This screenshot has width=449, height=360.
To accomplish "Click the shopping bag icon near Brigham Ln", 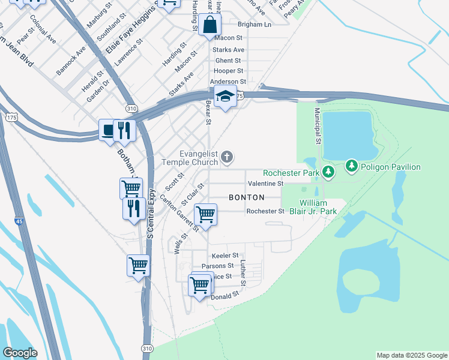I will pos(210,25).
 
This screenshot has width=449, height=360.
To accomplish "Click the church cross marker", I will pos(226,157).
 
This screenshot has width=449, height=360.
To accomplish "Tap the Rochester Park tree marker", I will pos(328,172).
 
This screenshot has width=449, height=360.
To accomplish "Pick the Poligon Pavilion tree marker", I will pos(351,166).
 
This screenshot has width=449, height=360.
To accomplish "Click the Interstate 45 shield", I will pos(19,221).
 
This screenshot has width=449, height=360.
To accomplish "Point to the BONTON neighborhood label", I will pos(247,197).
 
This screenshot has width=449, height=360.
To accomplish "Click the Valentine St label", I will pos(265,183).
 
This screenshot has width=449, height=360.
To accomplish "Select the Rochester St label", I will pos(265,211).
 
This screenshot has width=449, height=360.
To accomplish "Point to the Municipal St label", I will pos(316,127).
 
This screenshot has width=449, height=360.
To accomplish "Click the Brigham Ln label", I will pos(255,25).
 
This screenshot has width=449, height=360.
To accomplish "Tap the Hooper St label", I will pos(228,71).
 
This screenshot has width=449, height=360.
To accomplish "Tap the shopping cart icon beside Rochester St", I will pos(205,214).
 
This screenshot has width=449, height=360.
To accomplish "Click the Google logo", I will pos(20,353).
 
